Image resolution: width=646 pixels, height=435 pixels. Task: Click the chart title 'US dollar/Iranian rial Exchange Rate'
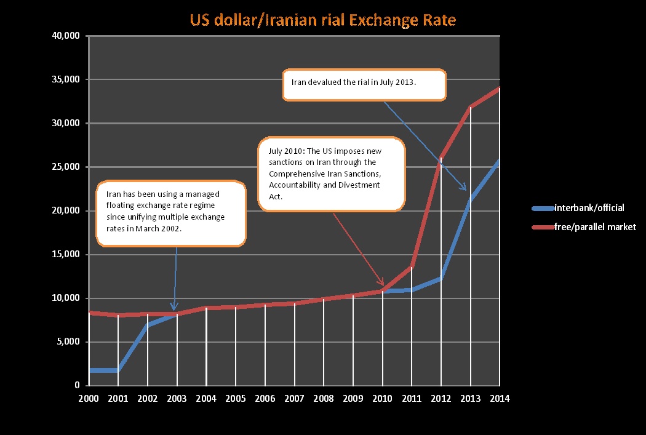point(323,20)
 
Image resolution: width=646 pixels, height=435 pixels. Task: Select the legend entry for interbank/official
point(589,208)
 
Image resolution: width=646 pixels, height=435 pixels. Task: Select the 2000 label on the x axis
point(89,398)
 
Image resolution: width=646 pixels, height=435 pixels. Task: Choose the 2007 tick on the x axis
point(294,398)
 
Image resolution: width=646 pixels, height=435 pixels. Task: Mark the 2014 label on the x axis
point(500,398)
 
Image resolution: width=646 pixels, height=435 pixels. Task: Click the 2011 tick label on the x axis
point(412,398)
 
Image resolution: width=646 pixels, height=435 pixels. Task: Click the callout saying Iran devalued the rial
point(364,84)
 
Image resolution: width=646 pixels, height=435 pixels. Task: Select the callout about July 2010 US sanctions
point(331,175)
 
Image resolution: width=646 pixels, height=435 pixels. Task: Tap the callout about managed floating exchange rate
point(171,212)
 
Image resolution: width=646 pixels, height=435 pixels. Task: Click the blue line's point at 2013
point(471,198)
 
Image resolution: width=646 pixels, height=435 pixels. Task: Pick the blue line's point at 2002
point(148,324)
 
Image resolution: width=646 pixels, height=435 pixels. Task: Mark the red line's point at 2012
point(441,157)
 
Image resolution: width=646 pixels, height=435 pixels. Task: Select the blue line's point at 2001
point(118,370)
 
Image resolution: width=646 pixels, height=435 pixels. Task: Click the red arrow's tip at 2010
point(383,286)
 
